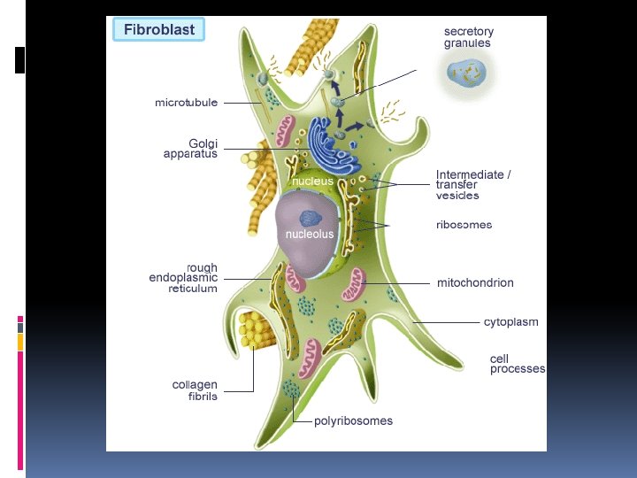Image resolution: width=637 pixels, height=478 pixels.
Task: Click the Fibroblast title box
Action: tap(159, 30)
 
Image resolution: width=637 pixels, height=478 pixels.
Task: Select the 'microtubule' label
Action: tap(186, 103)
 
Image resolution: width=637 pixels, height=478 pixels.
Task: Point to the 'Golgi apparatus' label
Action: tap(190, 148)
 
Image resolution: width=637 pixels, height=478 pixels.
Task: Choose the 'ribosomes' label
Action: tap(464, 225)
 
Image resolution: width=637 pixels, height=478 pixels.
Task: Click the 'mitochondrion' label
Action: tap(475, 283)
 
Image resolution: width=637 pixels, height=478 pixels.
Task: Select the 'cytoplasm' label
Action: tap(510, 321)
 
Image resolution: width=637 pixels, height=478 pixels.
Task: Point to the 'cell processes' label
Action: tap(518, 364)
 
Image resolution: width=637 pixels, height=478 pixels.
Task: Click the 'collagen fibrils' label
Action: tap(195, 390)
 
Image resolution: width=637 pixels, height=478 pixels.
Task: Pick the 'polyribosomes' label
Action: tap(353, 420)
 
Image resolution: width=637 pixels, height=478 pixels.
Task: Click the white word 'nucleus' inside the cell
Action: tap(313, 181)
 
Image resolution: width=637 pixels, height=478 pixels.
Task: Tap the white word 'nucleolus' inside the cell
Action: tap(309, 235)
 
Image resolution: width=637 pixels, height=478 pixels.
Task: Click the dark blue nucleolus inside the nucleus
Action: tap(311, 217)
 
